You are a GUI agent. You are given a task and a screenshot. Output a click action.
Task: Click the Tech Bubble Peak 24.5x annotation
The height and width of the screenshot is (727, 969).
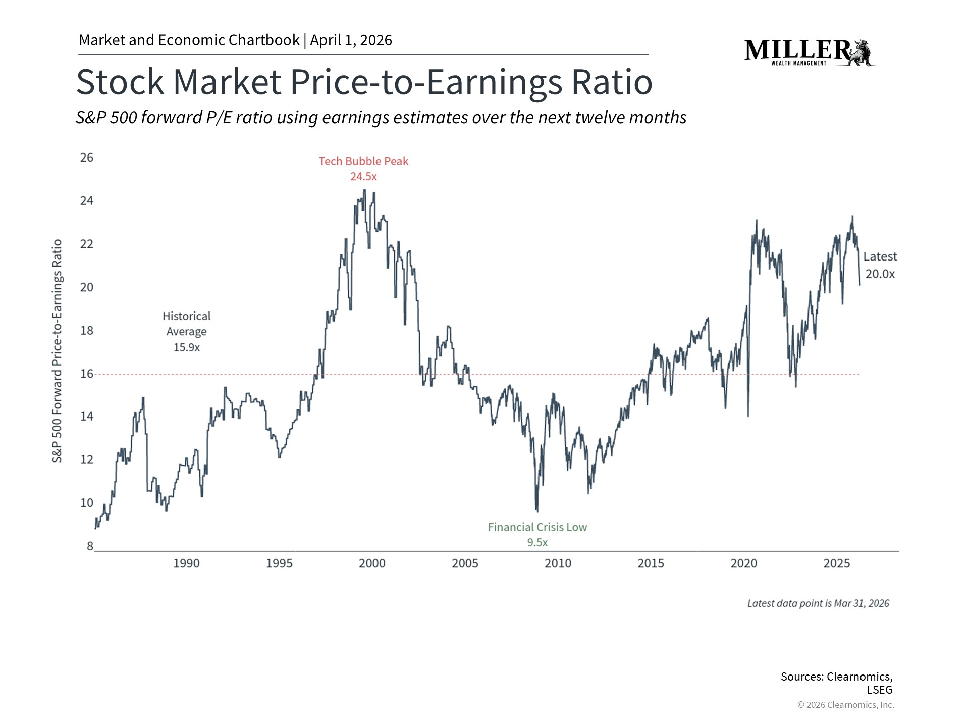pyautogui.click(x=363, y=169)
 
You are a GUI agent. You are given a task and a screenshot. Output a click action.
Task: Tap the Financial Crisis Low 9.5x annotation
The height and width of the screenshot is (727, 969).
pyautogui.click(x=537, y=534)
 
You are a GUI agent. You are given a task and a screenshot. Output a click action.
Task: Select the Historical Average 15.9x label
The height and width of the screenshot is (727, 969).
pyautogui.click(x=186, y=331)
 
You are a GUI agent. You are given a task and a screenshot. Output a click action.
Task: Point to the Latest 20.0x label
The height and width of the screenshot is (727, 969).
pyautogui.click(x=880, y=265)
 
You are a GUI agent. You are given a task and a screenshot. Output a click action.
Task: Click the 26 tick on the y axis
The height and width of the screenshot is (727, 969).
pyautogui.click(x=87, y=158)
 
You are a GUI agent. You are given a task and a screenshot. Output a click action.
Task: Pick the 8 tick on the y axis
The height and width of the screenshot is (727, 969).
pyautogui.click(x=90, y=546)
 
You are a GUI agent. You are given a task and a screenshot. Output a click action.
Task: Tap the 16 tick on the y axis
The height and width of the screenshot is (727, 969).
pyautogui.click(x=87, y=374)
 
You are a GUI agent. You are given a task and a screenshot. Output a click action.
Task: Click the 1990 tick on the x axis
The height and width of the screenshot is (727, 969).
pyautogui.click(x=186, y=563)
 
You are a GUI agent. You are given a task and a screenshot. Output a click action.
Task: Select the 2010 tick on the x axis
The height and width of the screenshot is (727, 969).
pyautogui.click(x=558, y=563)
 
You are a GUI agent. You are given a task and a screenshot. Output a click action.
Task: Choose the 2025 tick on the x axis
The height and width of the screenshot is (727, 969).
pyautogui.click(x=836, y=563)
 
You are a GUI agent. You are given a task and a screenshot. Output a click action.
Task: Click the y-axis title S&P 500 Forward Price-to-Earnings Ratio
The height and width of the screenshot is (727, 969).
pyautogui.click(x=58, y=351)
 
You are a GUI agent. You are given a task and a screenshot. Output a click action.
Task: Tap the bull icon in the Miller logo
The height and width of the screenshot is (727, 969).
pyautogui.click(x=864, y=53)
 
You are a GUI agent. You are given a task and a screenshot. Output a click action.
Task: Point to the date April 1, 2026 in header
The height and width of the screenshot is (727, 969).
pyautogui.click(x=351, y=40)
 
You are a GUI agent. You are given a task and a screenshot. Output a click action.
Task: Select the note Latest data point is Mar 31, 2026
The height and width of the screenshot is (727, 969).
pyautogui.click(x=818, y=603)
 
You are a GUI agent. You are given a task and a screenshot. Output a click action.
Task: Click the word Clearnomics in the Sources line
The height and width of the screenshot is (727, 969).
pyautogui.click(x=859, y=677)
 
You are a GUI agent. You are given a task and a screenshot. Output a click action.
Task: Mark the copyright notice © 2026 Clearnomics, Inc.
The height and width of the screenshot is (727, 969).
pyautogui.click(x=845, y=705)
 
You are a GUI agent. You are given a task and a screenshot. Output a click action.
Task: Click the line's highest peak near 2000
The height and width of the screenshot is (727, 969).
pyautogui.click(x=364, y=190)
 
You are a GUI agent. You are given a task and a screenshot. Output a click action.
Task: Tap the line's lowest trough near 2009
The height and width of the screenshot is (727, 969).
pyautogui.click(x=537, y=511)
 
